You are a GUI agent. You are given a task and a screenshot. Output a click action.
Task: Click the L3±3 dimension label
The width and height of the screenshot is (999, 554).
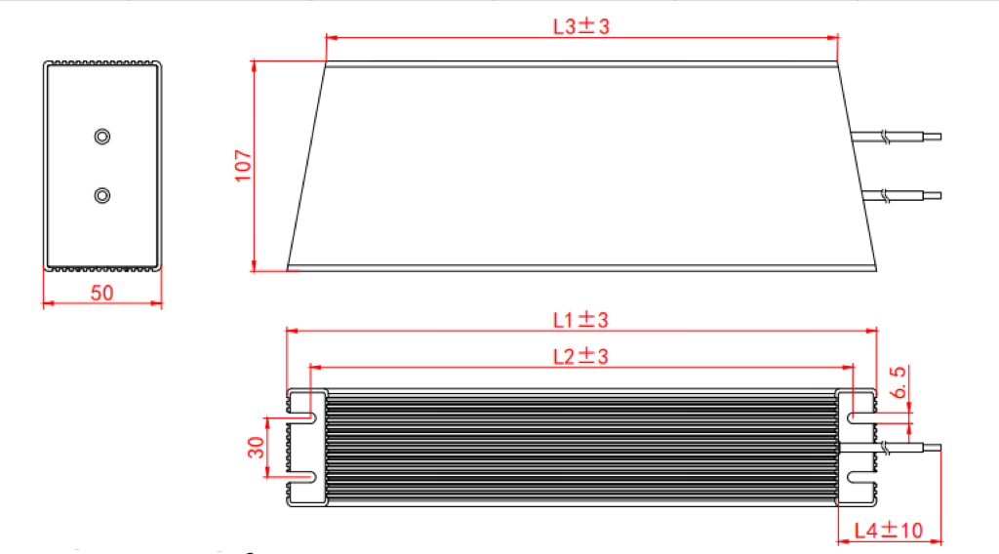tap(581, 26)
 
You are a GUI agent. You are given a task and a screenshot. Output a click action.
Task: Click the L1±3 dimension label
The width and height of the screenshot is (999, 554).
tap(580, 320)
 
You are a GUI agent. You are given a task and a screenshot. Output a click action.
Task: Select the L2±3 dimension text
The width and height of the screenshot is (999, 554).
tap(580, 356)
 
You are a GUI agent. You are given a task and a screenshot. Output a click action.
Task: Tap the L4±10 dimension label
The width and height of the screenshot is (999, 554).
tap(888, 530)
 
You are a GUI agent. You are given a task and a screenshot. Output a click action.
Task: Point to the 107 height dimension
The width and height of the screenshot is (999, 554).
tap(243, 166)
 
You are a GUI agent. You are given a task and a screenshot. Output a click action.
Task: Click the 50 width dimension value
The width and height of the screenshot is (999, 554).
tap(101, 293)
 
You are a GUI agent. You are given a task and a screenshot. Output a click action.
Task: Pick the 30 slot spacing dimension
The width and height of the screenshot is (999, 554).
tap(256, 447)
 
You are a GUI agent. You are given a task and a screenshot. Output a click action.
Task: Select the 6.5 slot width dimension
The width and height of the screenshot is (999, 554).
tap(898, 382)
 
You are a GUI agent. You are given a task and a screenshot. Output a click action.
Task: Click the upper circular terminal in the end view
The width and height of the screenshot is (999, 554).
tap(101, 137)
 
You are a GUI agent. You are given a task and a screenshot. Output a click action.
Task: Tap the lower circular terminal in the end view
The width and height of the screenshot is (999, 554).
tap(101, 195)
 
